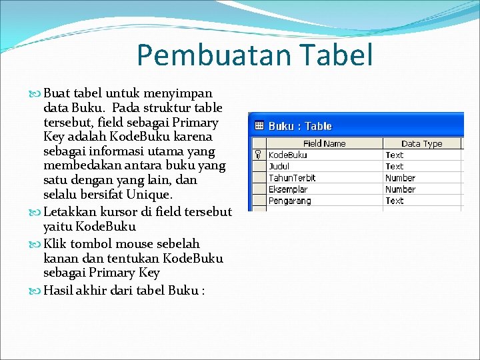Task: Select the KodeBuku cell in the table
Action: [288, 155]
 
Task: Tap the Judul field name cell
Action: [279, 166]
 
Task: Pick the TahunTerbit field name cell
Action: [292, 178]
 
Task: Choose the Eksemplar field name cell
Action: [288, 189]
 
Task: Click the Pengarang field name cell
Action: [289, 201]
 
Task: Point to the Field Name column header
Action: [324, 143]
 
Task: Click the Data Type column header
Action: [421, 143]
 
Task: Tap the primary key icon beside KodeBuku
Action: [258, 155]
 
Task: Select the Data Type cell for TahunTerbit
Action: [400, 178]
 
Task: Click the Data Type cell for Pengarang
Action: [395, 201]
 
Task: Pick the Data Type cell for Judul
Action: [395, 166]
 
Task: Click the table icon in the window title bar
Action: [259, 126]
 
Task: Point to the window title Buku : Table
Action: [300, 126]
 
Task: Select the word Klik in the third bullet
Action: [55, 244]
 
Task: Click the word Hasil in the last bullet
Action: [59, 291]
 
